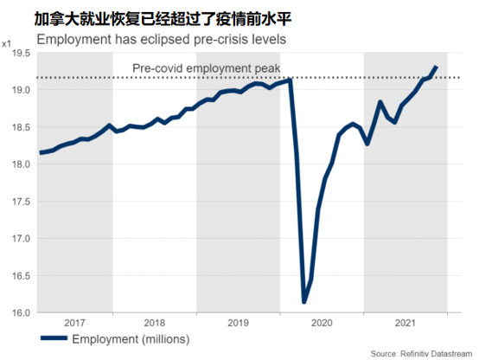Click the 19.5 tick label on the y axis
22,53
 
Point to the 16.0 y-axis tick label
22,312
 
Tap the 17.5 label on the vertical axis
22,202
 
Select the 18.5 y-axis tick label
22,127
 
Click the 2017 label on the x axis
74,323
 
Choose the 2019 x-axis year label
239,323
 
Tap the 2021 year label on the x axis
406,323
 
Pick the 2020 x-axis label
322,323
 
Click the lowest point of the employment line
304,302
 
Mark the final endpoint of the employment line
437,67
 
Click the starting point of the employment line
41,153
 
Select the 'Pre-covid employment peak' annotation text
206,68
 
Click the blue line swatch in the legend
54,338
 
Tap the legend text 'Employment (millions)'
131,339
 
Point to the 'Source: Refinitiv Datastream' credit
421,354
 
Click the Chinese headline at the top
163,19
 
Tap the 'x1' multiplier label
6,44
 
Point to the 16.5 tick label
22,276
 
